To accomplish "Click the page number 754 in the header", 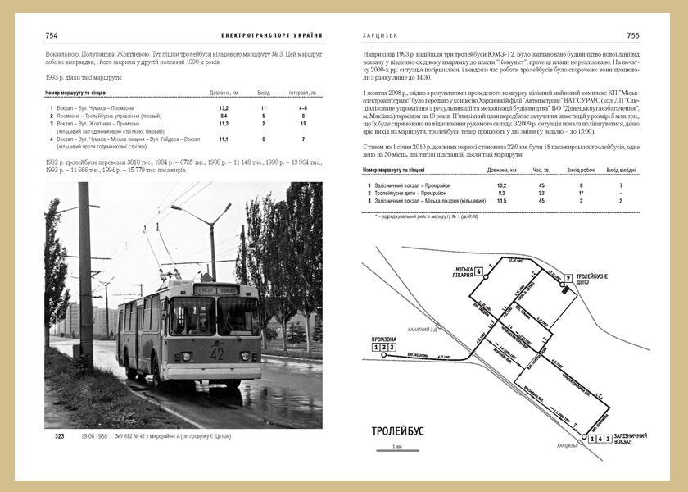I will (x=51, y=35).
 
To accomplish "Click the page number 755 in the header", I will (x=633, y=35).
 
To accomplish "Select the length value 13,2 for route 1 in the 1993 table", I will (x=224, y=108).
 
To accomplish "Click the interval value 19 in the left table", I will (x=303, y=124).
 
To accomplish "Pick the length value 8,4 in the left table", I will (x=224, y=116).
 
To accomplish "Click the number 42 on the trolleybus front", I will (x=216, y=353).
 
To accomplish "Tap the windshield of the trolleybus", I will (x=215, y=317).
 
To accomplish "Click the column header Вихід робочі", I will (x=581, y=171).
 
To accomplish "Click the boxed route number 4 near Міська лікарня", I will (x=479, y=272).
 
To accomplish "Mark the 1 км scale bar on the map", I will (x=398, y=450).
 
